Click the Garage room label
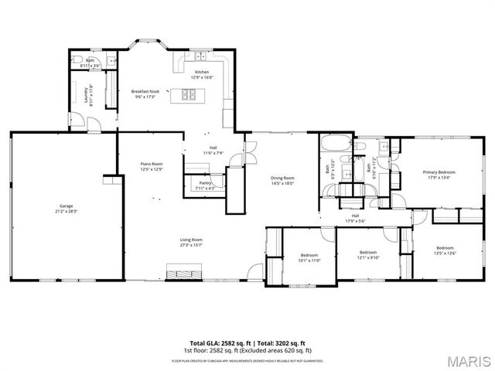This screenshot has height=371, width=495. click(67, 207)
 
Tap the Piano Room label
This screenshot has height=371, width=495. click(152, 165)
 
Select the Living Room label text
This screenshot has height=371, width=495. click(191, 242)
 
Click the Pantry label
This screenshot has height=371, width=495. click(205, 185)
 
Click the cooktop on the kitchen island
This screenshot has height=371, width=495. click(189, 95)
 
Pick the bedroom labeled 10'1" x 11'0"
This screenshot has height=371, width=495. click(309, 257)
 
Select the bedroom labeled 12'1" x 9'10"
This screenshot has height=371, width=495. click(367, 254)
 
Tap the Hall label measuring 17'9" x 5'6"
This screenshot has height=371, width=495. click(355, 218)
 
